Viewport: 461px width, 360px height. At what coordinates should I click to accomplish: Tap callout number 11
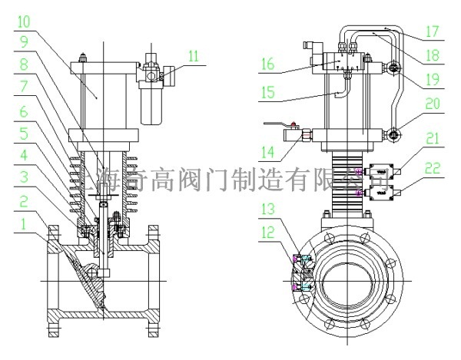coord(193,56)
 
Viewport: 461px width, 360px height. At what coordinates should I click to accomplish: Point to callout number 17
coord(432,33)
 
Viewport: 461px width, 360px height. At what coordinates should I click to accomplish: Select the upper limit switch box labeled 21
coord(382,171)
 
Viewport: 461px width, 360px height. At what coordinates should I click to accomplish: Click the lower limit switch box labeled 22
coord(382,195)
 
